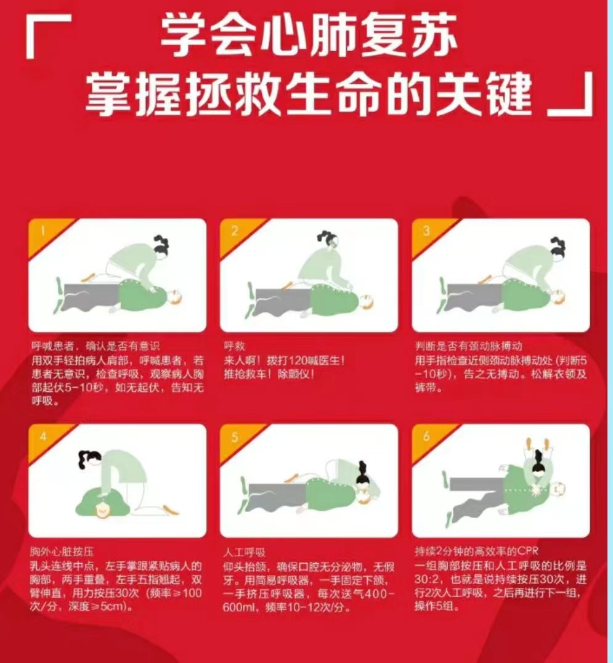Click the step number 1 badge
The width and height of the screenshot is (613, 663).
(x=43, y=231)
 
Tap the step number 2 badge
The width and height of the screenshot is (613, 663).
(x=235, y=231)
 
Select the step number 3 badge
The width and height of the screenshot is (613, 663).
(x=426, y=231)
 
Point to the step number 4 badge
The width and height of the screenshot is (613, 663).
(x=43, y=437)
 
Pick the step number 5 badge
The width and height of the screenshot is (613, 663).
(x=235, y=437)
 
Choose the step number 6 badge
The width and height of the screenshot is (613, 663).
(x=426, y=437)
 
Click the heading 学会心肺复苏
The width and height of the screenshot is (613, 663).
(x=309, y=35)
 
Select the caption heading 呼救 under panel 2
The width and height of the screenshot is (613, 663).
(x=234, y=346)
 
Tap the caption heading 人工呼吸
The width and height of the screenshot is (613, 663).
(x=245, y=552)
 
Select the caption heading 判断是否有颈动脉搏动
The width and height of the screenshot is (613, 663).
(x=468, y=346)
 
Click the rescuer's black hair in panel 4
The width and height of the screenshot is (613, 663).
(x=88, y=458)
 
